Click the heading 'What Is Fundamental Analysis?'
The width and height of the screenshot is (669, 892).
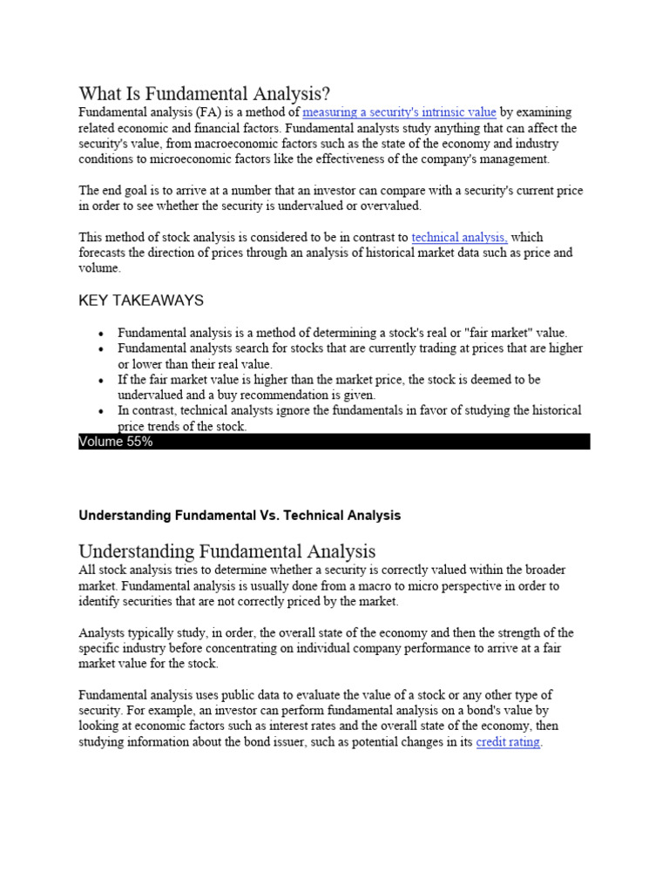coord(205,93)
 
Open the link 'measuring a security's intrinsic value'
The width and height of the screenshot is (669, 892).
coord(399,112)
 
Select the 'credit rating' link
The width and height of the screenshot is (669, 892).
coord(509,742)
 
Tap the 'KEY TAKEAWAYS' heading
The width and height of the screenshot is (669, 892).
coord(141,301)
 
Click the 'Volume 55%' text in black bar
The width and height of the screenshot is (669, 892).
coord(116,442)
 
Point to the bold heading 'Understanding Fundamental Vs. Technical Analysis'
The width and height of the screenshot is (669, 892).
coord(240,516)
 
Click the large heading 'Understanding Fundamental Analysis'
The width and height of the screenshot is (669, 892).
coord(227,551)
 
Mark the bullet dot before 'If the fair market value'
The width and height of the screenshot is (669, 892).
coord(102,381)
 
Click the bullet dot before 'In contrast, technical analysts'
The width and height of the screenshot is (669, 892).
coord(102,411)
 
